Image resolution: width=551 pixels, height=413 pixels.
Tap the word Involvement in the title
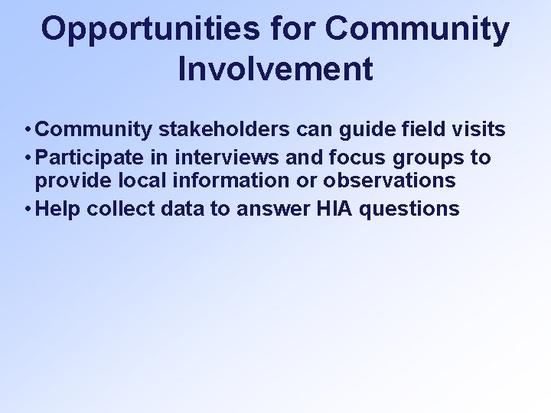pyautogui.click(x=275, y=68)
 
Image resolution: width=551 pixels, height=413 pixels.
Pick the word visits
pyautogui.click(x=478, y=130)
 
